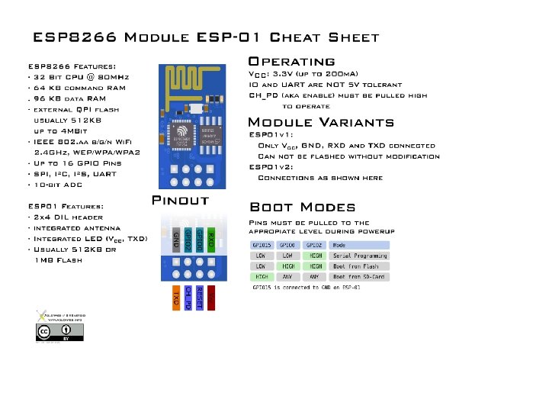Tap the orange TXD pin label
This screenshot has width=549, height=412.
[x=176, y=298]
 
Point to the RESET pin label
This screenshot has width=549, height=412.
[x=200, y=298]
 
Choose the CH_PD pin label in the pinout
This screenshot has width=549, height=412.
[x=188, y=298]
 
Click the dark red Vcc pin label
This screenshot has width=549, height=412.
[x=211, y=298]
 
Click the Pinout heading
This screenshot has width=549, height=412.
[x=181, y=201]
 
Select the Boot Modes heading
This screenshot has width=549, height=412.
[x=302, y=208]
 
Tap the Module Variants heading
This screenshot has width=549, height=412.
[x=321, y=123]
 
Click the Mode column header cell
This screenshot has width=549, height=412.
[x=358, y=245]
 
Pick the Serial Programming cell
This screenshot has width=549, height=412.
[x=358, y=256]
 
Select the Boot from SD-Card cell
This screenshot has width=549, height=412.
[x=358, y=277]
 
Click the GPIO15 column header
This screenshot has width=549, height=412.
[x=262, y=245]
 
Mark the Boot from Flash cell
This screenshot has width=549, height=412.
[x=358, y=266]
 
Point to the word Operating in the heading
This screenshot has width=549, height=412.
[x=292, y=62]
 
